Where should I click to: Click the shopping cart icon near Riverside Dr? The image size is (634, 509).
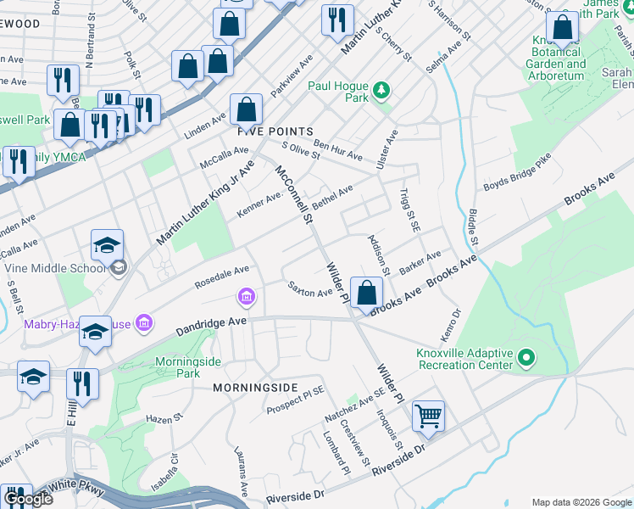pos(429,417)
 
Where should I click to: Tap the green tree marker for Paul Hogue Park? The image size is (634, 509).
pos(381,87)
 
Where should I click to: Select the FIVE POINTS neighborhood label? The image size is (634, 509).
pos(275,131)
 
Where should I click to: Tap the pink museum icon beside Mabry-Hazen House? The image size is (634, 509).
pos(144,323)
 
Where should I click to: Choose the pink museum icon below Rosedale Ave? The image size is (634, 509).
pos(246,296)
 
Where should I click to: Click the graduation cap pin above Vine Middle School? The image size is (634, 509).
pos(107,245)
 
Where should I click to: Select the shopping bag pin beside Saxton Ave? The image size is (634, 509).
pos(365,294)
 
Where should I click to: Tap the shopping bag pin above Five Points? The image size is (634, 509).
pos(246,109)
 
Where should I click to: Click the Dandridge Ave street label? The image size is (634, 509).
pos(211,323)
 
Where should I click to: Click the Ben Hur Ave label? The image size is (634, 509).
pos(337,151)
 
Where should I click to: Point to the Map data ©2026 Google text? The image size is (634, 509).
pos(581,502)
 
